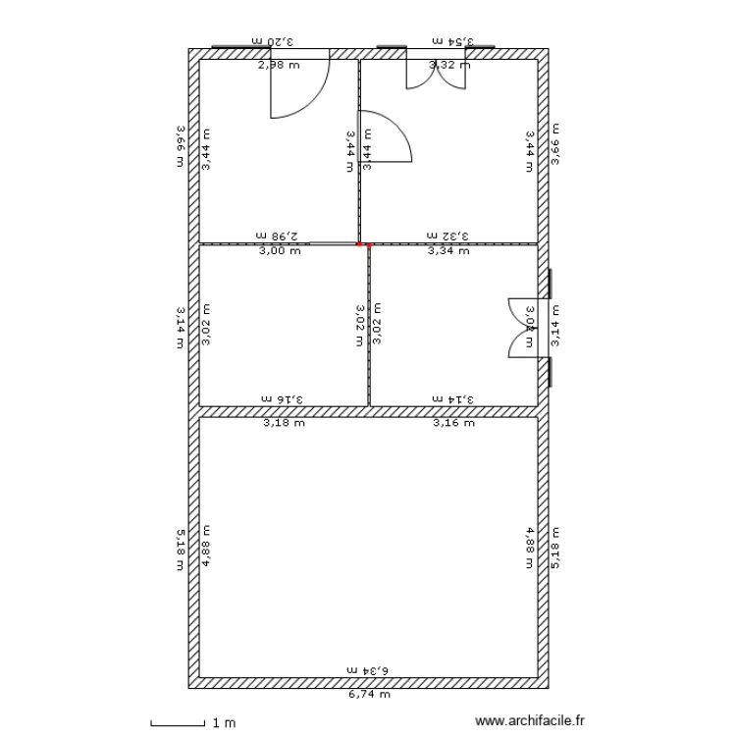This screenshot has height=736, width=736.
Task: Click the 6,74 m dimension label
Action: [x=369, y=694]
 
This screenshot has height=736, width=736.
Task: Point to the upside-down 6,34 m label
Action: [x=369, y=669]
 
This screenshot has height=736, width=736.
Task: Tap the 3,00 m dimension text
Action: [x=280, y=251]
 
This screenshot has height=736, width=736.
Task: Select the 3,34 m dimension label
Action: [x=448, y=251]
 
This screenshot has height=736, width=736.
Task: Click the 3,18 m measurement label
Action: [x=284, y=424]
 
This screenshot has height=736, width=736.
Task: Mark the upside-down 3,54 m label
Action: [x=451, y=41]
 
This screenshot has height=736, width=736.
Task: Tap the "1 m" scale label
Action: [x=224, y=723]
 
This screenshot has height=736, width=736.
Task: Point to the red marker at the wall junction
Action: [x=360, y=244]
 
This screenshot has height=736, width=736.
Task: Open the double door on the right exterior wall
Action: [x=521, y=327]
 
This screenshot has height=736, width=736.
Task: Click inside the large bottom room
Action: [x=369, y=550]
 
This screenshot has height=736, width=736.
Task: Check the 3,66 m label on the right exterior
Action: [x=555, y=144]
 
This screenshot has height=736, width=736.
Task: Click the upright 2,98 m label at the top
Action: [x=278, y=66]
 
